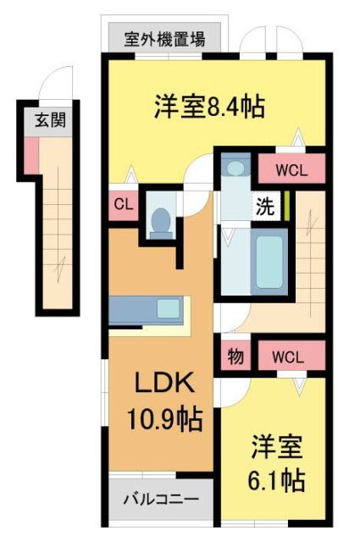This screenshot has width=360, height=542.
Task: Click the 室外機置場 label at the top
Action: [164, 38]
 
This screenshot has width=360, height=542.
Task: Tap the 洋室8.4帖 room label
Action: [209, 107]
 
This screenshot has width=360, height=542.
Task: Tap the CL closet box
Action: [122, 204]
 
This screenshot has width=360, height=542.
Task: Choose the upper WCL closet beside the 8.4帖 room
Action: [291, 168]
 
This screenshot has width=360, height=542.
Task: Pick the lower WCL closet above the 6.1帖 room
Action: [291, 357]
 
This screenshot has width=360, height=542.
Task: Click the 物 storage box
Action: [235, 357]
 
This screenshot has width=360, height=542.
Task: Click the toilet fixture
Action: [159, 221]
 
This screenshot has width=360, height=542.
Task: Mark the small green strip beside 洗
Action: [286, 206]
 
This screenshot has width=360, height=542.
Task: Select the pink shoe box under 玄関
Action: [31, 153]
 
